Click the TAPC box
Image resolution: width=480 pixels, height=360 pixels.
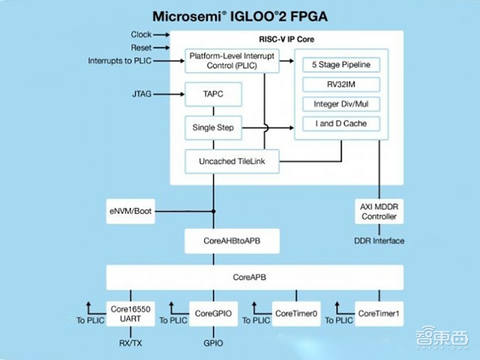click(213, 94)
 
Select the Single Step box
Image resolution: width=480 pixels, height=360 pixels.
click(213, 127)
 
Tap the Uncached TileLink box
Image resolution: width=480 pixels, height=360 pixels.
click(232, 161)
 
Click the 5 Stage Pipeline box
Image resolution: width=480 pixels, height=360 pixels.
click(341, 64)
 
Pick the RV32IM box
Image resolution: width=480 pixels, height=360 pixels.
click(341, 84)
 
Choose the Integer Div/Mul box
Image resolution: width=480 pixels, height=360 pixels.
click(341, 104)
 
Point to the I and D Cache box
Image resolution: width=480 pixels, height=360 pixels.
click(341, 124)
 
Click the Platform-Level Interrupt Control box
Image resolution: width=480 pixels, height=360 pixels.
click(232, 61)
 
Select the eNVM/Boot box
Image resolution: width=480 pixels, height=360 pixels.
click(131, 211)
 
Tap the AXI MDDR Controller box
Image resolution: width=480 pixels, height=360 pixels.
click(379, 211)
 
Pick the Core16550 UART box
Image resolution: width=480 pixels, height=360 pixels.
click(130, 314)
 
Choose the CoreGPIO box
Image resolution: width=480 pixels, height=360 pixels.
click(213, 313)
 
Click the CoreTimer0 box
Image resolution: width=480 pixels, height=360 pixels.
click(296, 313)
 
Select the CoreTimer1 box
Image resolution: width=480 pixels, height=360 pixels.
click(379, 313)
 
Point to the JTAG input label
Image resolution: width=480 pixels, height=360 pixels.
click(142, 94)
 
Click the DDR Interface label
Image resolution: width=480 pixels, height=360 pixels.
click(379, 241)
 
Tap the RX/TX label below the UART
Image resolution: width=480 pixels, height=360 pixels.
click(130, 343)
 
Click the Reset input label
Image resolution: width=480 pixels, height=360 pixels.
click(142, 47)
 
